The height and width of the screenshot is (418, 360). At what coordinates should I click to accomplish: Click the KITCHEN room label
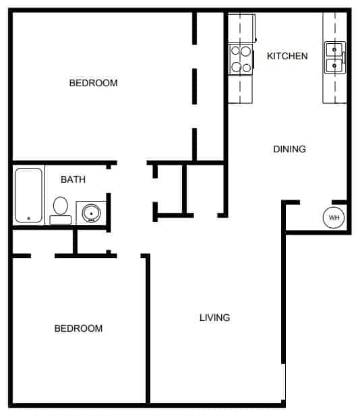(x=287, y=56)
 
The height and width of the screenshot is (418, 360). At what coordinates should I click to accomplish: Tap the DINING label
(x=290, y=149)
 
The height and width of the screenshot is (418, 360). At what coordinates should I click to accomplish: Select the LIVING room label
(x=215, y=318)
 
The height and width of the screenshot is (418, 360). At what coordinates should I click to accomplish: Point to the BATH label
(x=73, y=179)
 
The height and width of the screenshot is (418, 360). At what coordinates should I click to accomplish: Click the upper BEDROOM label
(x=93, y=83)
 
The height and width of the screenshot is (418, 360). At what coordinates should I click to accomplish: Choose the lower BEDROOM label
(x=78, y=328)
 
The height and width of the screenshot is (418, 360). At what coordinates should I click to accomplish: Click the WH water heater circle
(x=334, y=218)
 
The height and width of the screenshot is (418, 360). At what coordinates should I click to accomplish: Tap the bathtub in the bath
(x=29, y=195)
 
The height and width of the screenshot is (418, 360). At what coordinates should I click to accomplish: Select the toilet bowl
(x=61, y=206)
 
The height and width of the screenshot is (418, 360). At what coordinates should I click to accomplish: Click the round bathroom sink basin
(x=91, y=213)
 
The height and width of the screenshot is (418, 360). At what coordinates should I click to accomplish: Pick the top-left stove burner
(x=235, y=51)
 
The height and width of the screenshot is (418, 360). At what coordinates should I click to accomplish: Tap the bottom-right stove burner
(x=247, y=67)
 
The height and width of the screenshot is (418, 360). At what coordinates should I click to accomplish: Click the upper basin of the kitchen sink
(x=334, y=50)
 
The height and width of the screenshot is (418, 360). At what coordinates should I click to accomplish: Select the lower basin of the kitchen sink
(x=334, y=65)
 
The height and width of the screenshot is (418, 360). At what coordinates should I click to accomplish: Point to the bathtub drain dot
(x=29, y=218)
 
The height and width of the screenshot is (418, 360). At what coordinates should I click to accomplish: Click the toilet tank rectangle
(x=61, y=220)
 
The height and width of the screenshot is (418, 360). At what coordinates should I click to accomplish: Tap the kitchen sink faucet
(x=344, y=57)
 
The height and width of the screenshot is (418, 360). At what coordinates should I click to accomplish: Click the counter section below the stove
(x=240, y=90)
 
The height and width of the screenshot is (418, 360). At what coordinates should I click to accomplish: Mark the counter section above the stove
(x=241, y=28)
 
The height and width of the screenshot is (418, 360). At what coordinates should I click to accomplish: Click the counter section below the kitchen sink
(x=335, y=88)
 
